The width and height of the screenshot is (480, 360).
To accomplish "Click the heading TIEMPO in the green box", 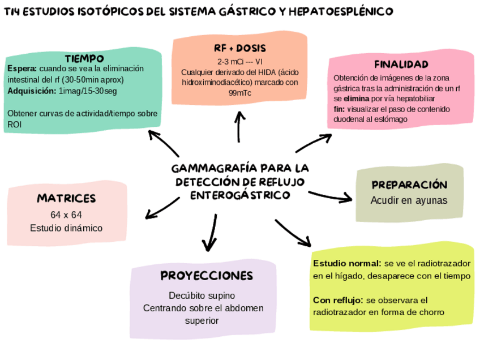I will click(x=84, y=58).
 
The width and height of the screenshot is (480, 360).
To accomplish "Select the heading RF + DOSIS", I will click(x=240, y=48).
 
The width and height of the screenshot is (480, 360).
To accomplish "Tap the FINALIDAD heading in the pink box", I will click(x=401, y=64).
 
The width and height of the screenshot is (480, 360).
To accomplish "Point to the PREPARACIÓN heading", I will click(x=410, y=185).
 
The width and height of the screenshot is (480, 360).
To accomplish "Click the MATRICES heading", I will click(x=66, y=198).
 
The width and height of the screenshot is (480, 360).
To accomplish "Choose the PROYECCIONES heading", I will click(x=207, y=276).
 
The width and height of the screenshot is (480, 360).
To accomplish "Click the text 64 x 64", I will click(x=66, y=215).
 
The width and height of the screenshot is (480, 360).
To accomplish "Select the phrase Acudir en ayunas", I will click(x=409, y=200).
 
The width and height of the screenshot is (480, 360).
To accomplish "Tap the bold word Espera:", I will click(x=22, y=68).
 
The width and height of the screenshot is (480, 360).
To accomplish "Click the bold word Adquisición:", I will click(x=32, y=91).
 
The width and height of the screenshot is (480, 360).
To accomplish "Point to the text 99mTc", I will click(x=240, y=93).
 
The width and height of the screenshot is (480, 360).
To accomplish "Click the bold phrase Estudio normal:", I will click(x=347, y=264).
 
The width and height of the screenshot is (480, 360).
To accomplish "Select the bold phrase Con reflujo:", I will click(x=338, y=300).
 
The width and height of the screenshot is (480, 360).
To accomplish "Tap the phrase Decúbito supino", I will click(x=202, y=295).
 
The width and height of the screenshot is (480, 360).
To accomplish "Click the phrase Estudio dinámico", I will click(x=66, y=228).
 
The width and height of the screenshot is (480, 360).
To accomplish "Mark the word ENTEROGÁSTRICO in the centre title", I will click(x=240, y=195).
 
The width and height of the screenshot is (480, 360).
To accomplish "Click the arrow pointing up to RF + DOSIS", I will click(x=240, y=126).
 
